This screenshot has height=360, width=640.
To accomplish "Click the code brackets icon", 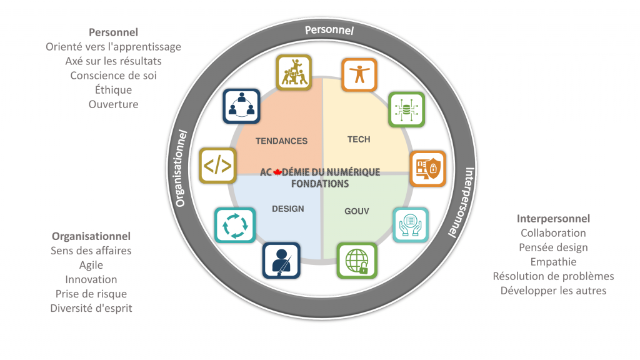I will pyautogui.click(x=217, y=166).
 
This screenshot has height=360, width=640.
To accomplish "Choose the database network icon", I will pyautogui.click(x=406, y=110).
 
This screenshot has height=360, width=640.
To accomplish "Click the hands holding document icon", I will pyautogui.click(x=411, y=224).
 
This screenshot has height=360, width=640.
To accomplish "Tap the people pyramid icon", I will pyautogui.click(x=294, y=72).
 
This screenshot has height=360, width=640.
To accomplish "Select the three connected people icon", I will pyautogui.click(x=241, y=106).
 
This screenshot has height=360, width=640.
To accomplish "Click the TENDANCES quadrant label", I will pyautogui.click(x=281, y=141).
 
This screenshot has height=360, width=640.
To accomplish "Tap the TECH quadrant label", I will pyautogui.click(x=359, y=139).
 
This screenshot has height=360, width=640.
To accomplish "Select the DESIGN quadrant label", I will pyautogui.click(x=288, y=209).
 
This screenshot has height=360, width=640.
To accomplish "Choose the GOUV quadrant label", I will pyautogui.click(x=357, y=211).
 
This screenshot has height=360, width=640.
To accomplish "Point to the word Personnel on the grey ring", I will pyautogui.click(x=329, y=30).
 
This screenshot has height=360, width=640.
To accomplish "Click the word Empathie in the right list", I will pyautogui.click(x=553, y=262).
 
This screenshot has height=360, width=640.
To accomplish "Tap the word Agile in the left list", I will pyautogui.click(x=91, y=265).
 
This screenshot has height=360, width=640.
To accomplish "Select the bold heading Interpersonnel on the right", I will pyautogui.click(x=553, y=219).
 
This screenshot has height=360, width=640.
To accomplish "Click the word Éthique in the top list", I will pyautogui.click(x=113, y=90).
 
